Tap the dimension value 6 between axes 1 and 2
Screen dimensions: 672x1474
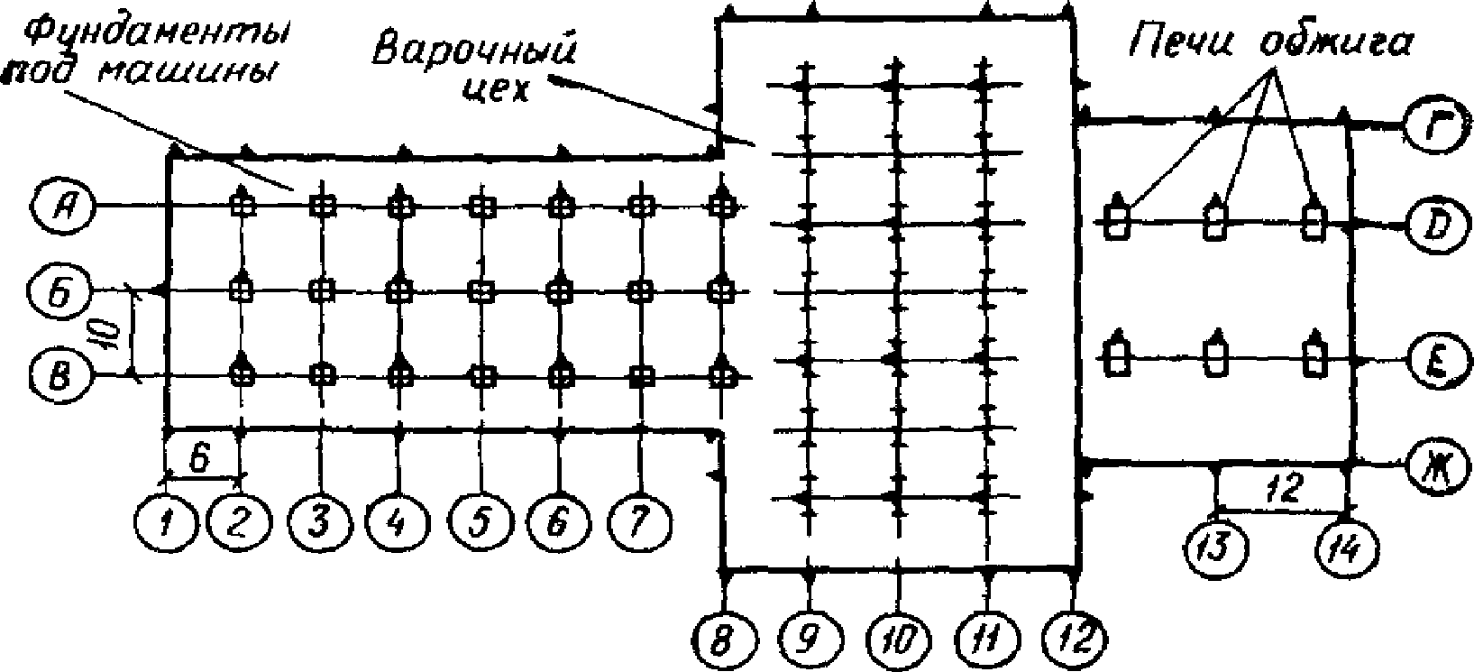(x=201, y=458)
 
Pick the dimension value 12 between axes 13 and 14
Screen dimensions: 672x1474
(x=1283, y=488)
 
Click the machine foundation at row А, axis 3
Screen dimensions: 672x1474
(x=322, y=206)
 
